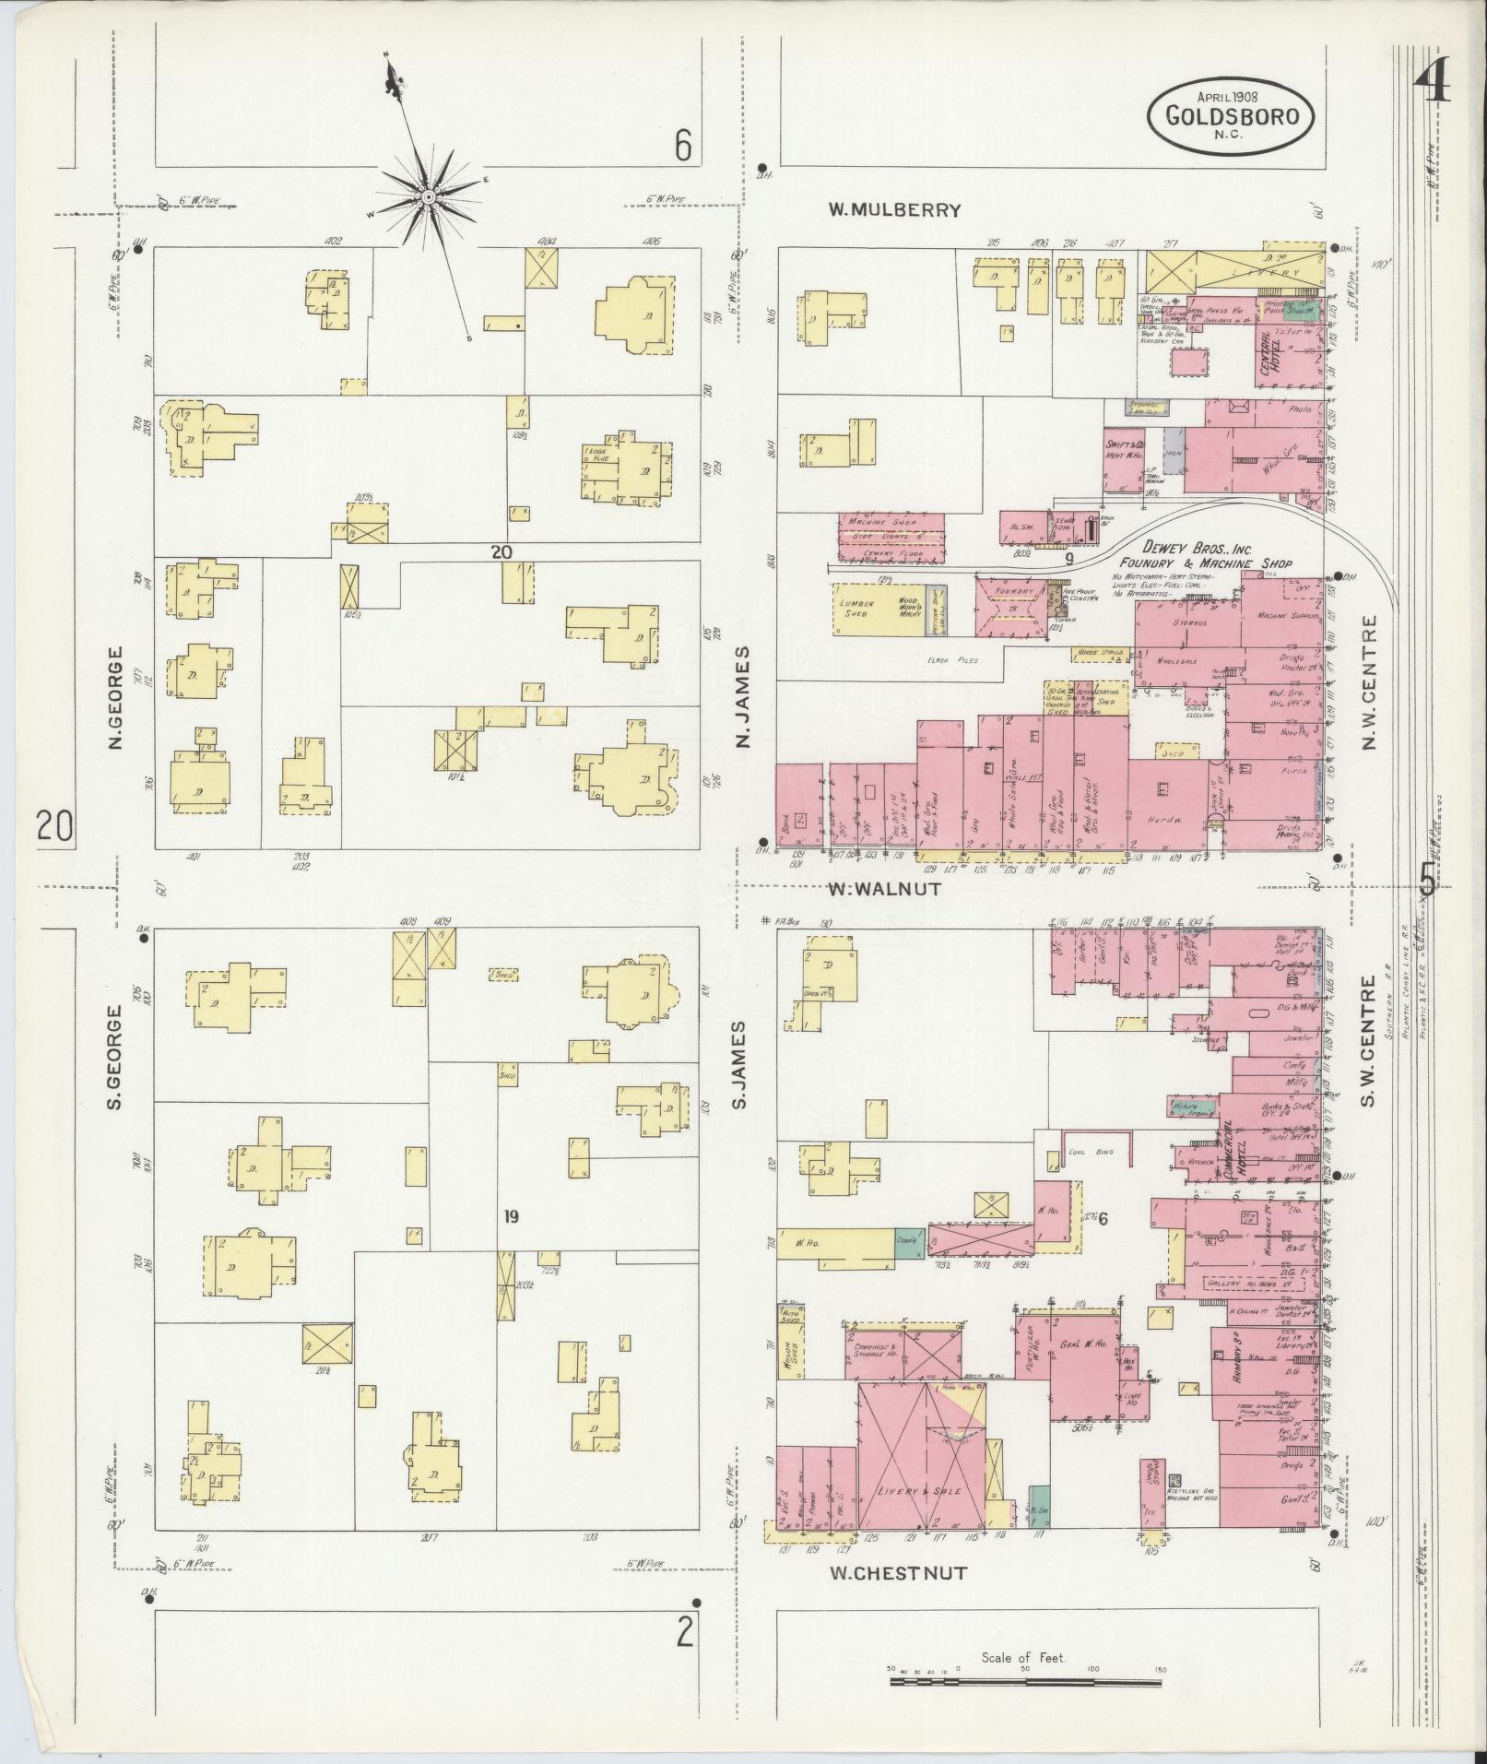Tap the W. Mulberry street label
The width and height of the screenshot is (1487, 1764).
[x=893, y=210]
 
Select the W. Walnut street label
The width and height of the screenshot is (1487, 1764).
[x=883, y=889]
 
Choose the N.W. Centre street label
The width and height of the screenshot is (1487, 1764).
[x=1368, y=681]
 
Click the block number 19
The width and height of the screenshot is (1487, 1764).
[x=511, y=1216]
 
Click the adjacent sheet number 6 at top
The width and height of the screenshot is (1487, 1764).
[x=682, y=146]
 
